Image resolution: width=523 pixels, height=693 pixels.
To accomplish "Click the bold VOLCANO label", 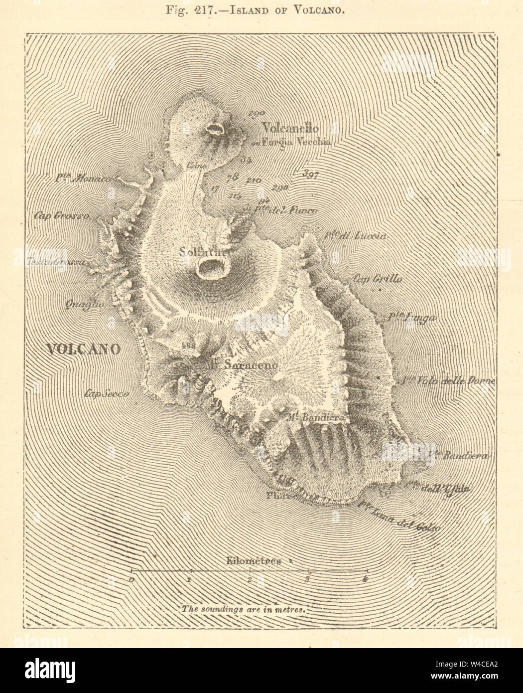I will coord(84,349).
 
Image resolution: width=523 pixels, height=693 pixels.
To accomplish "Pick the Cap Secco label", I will coord(107,393).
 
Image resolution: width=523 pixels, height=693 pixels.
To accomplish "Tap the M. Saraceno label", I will coord(243,365).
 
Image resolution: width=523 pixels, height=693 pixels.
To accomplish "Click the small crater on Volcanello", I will coord(215,130).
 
